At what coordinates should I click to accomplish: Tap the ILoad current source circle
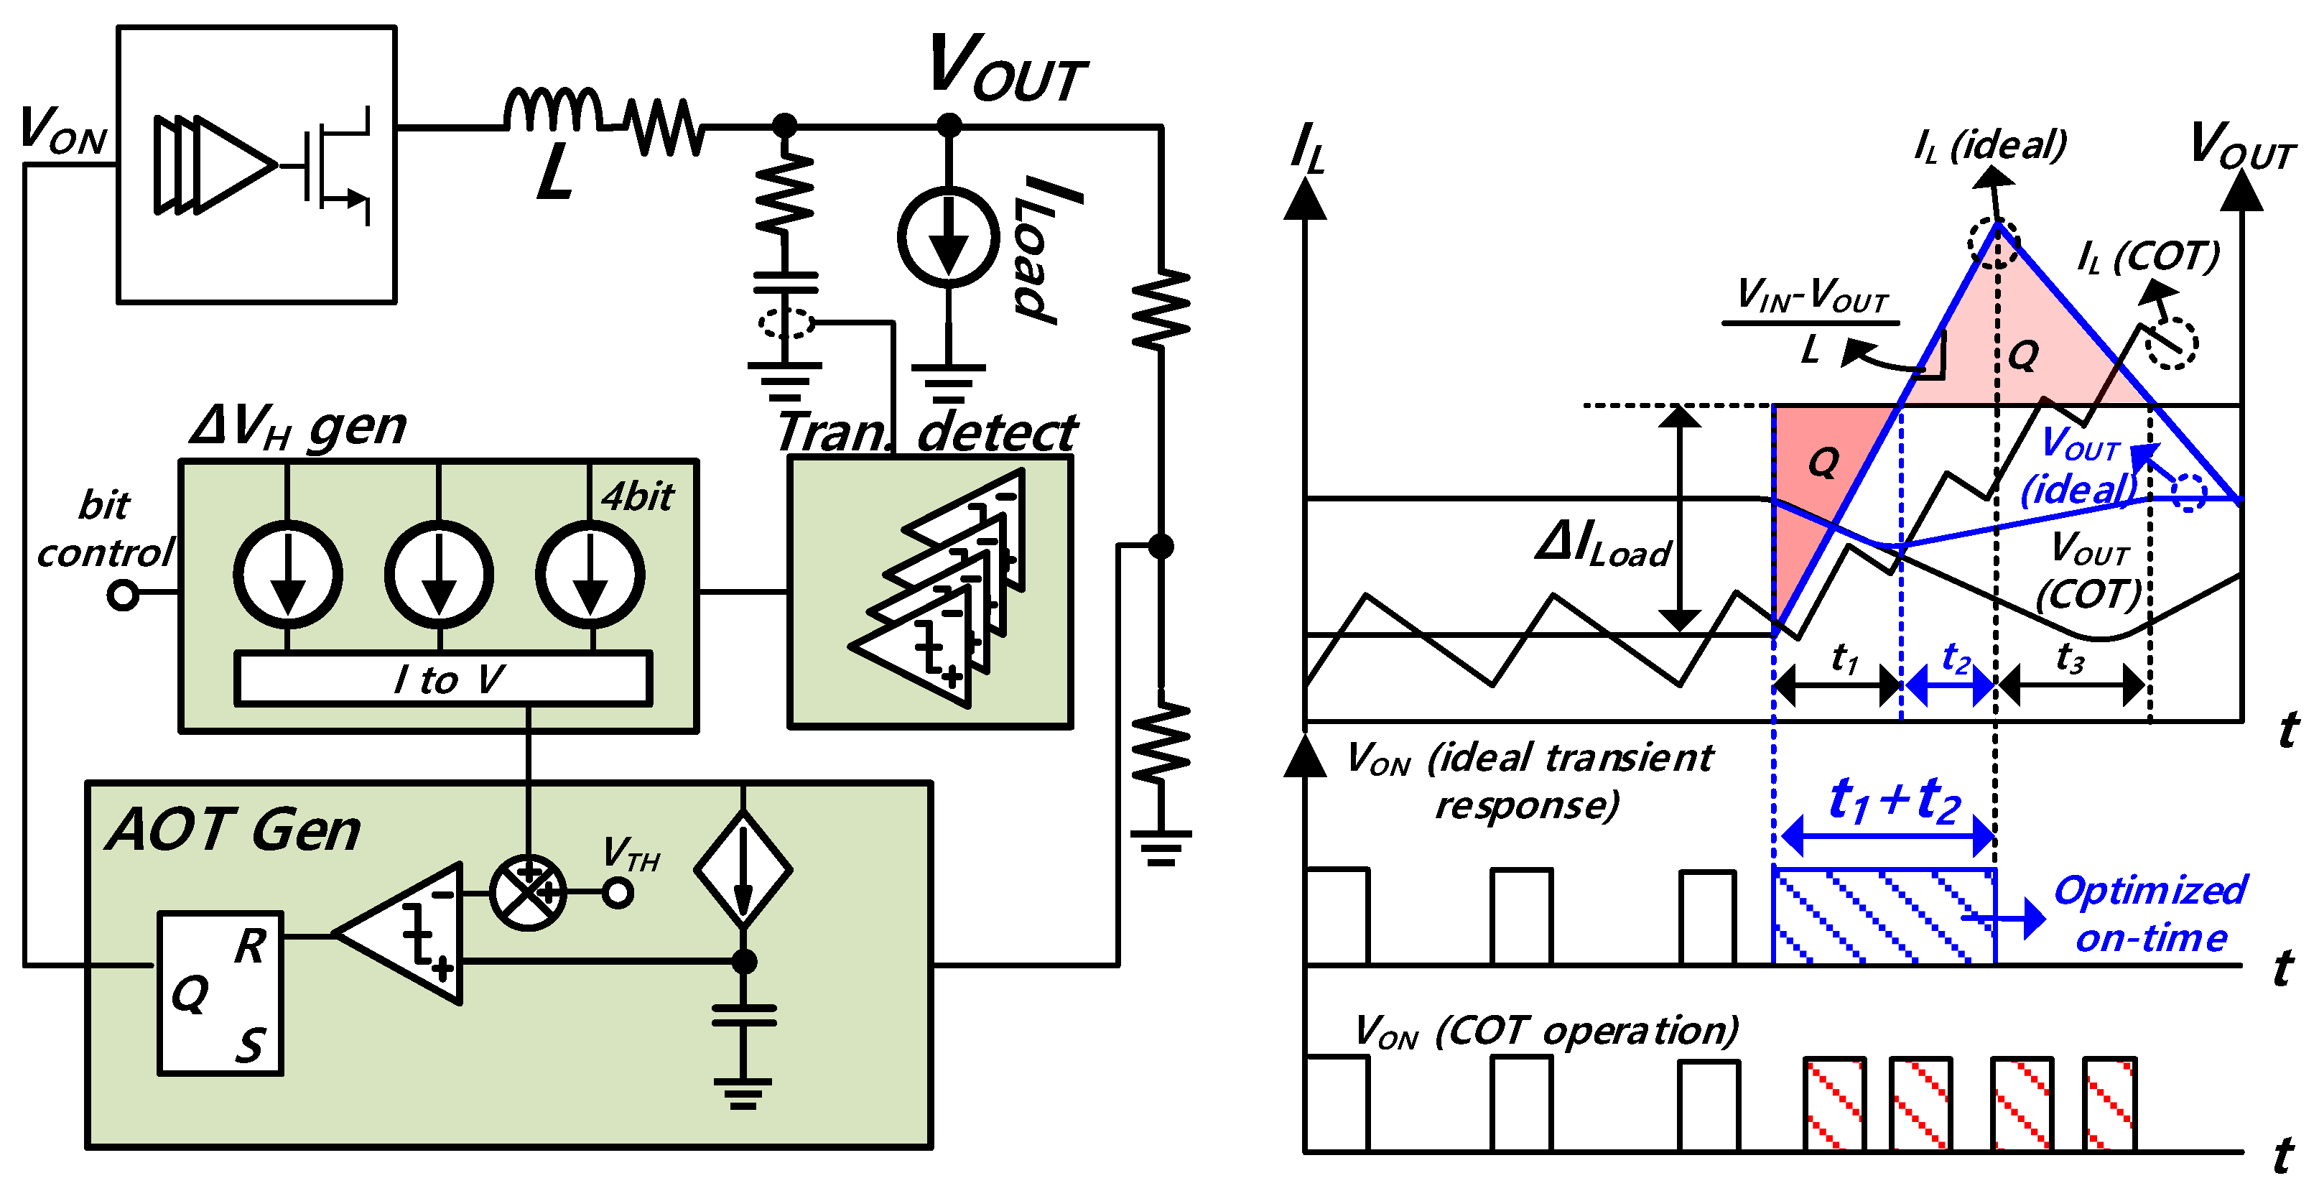(x=948, y=238)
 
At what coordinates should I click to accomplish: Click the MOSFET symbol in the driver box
(x=338, y=167)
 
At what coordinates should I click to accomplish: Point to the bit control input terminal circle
(x=122, y=595)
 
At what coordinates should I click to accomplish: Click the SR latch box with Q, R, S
(x=220, y=993)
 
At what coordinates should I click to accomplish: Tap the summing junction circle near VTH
(x=529, y=893)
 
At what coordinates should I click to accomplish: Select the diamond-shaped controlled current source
(x=743, y=871)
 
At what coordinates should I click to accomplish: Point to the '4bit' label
(x=637, y=497)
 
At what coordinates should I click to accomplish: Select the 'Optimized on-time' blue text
(x=2150, y=914)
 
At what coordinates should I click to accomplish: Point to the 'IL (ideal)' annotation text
(x=1990, y=145)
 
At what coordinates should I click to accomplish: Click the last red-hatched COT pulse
(x=2109, y=1105)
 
